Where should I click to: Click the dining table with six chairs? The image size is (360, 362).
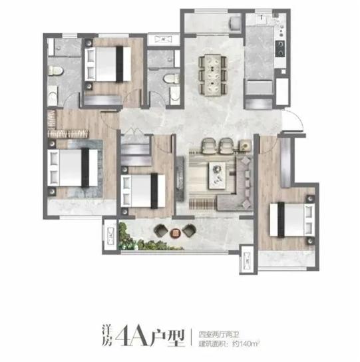click(213, 75)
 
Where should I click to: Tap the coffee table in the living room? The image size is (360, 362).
click(217, 175)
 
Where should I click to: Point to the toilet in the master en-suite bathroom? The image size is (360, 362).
click(55, 71)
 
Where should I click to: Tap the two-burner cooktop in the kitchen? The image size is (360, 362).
click(280, 49)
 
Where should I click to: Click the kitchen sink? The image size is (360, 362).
click(262, 18)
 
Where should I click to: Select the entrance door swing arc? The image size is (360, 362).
click(294, 119)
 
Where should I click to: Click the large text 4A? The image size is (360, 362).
click(132, 338)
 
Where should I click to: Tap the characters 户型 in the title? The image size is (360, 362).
click(168, 338)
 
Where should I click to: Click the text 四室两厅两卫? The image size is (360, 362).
click(219, 335)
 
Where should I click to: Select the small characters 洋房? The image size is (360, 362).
click(106, 338)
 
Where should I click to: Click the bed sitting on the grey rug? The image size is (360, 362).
click(73, 168)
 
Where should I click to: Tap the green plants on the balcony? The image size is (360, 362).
click(143, 238)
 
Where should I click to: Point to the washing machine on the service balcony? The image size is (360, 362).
click(235, 23)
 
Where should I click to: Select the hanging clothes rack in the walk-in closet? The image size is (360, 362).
click(67, 133)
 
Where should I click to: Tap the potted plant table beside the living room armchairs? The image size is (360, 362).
click(245, 146)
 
